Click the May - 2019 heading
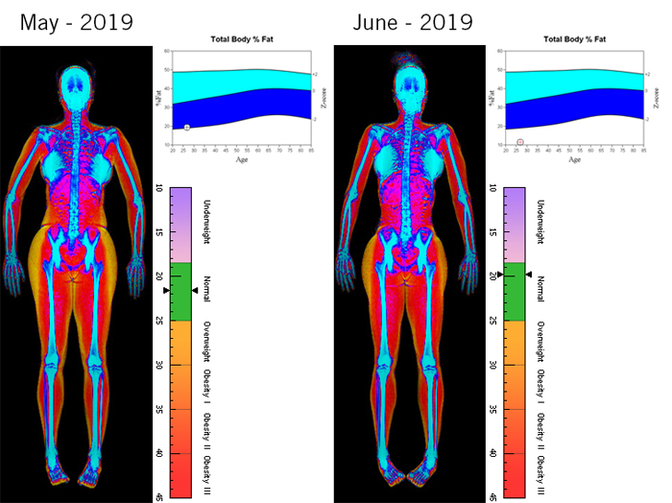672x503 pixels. pyautogui.click(x=77, y=21)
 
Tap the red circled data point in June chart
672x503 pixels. pyautogui.click(x=520, y=142)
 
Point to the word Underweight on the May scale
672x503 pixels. pyautogui.click(x=205, y=221)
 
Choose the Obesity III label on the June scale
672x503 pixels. pyautogui.click(x=540, y=468)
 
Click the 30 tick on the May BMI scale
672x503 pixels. pyautogui.click(x=159, y=365)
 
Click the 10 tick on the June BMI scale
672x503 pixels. pyautogui.click(x=492, y=188)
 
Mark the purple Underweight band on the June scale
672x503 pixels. pyautogui.click(x=515, y=225)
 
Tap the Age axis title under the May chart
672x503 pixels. pyautogui.click(x=242, y=160)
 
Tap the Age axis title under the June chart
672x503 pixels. pyautogui.click(x=574, y=160)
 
